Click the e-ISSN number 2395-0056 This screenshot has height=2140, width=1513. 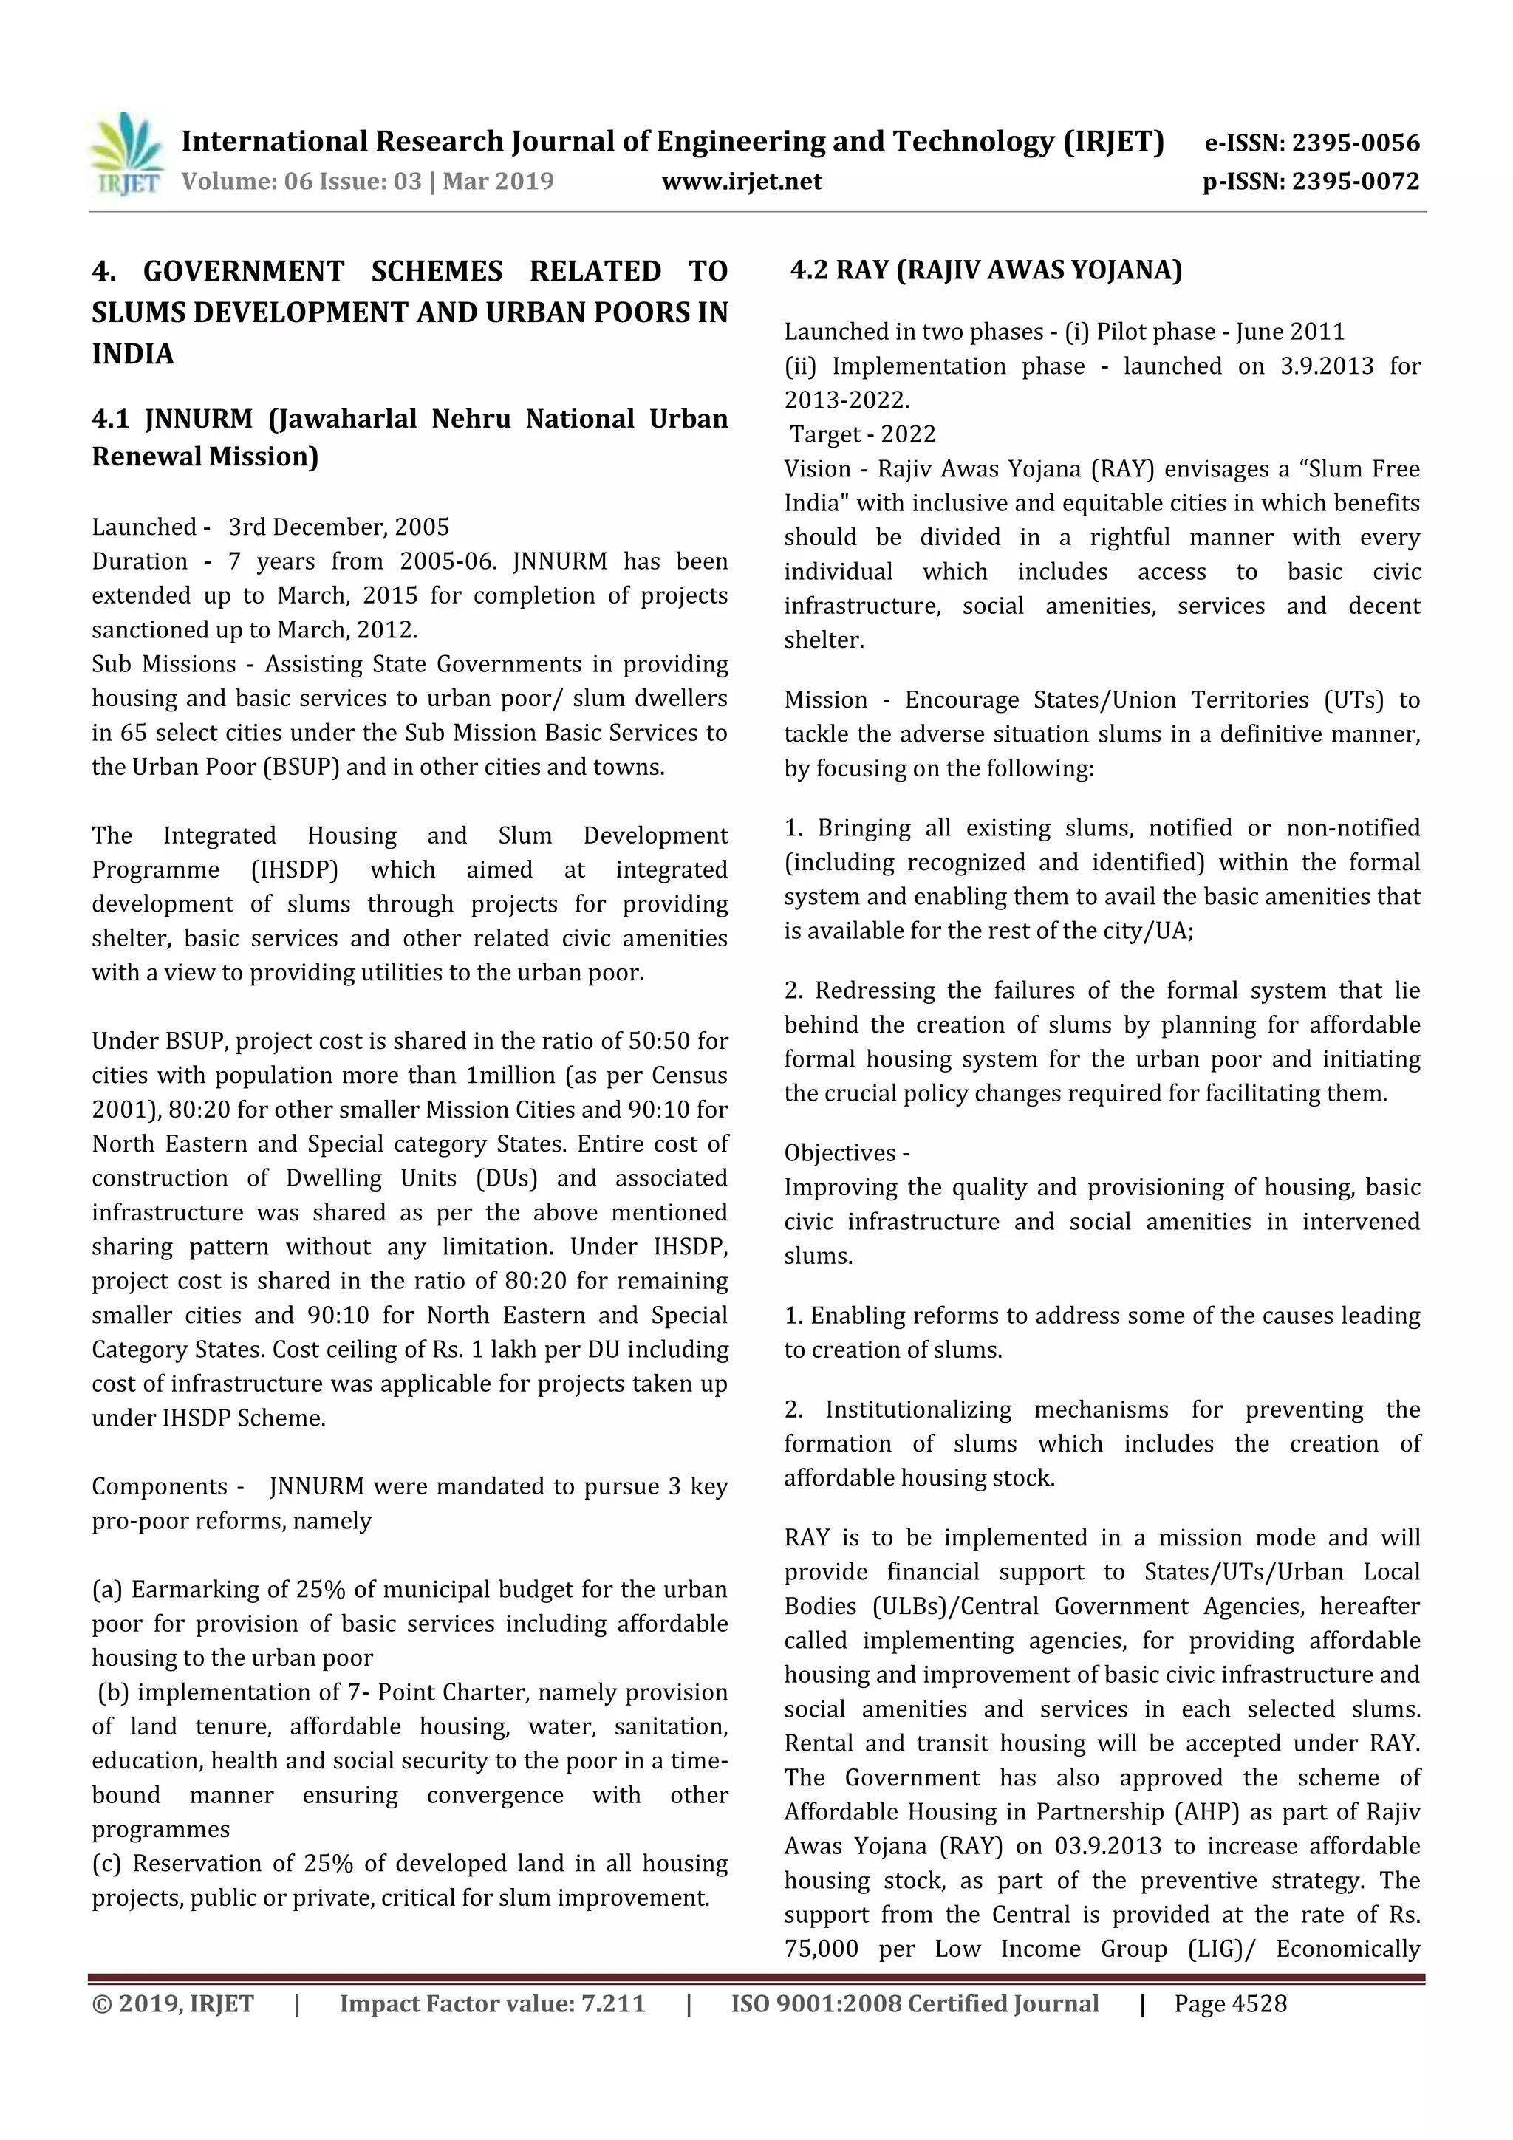point(1354,143)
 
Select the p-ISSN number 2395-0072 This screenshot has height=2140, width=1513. point(1354,181)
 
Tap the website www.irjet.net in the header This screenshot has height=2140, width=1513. point(741,181)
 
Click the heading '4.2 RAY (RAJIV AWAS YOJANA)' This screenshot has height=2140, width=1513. point(986,270)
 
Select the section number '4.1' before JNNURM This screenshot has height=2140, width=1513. point(110,419)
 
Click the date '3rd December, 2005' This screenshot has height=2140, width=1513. point(338,527)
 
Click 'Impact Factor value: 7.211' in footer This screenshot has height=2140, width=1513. point(491,2004)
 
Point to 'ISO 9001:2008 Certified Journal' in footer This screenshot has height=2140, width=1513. point(914,2004)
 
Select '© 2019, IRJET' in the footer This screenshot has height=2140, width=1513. point(172,2004)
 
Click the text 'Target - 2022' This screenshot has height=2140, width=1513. point(862,434)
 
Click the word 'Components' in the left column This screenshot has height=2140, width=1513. point(160,1487)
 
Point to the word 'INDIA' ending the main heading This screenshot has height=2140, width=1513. point(132,354)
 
